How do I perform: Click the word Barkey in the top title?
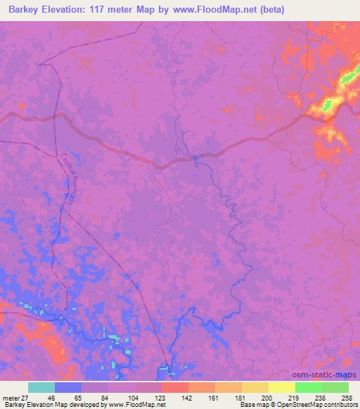pos(21,9)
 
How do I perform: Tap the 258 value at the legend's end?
pos(347,398)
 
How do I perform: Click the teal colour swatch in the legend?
pos(41,387)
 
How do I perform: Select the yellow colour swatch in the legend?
pos(282,387)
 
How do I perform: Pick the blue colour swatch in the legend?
pos(68,387)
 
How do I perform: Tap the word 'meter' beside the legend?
pos(10,398)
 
